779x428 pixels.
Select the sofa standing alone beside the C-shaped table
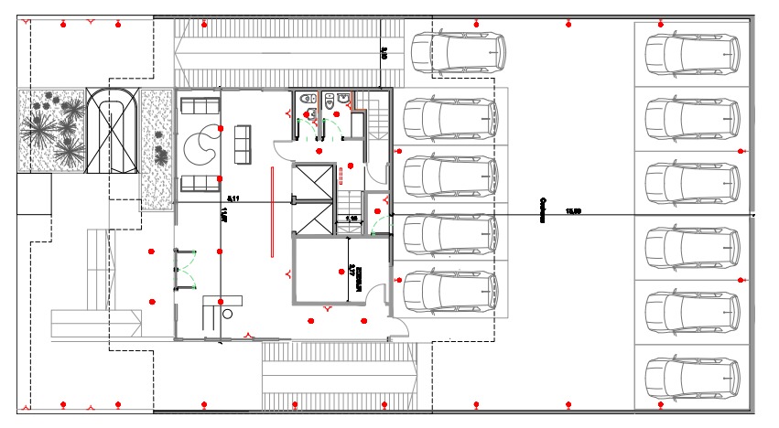(243, 143)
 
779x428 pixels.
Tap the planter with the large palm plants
(51, 130)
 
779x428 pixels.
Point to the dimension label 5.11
(234, 198)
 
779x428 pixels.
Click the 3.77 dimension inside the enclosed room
(352, 272)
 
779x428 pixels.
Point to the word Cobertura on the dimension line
(543, 209)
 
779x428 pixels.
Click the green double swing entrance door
(186, 270)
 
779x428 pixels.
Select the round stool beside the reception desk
(227, 312)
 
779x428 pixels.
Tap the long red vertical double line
(272, 210)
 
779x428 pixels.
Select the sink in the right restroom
(342, 99)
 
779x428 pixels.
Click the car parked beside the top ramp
(457, 53)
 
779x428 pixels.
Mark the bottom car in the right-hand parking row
(691, 376)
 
